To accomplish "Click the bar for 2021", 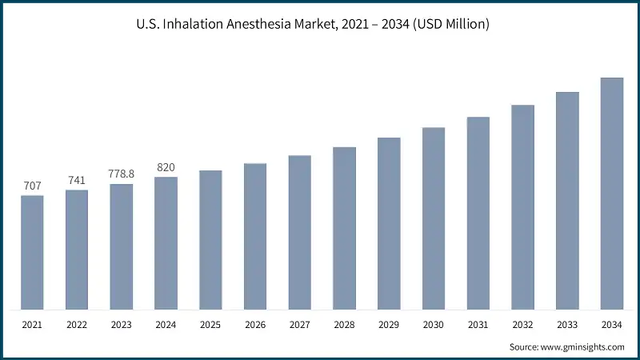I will [32, 252].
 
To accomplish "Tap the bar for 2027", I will [300, 232].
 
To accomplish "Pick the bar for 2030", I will [434, 218].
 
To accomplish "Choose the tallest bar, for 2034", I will [612, 193].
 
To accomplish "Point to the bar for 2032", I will [522, 206].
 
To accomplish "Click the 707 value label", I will [32, 186].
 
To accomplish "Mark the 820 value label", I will [166, 167].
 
